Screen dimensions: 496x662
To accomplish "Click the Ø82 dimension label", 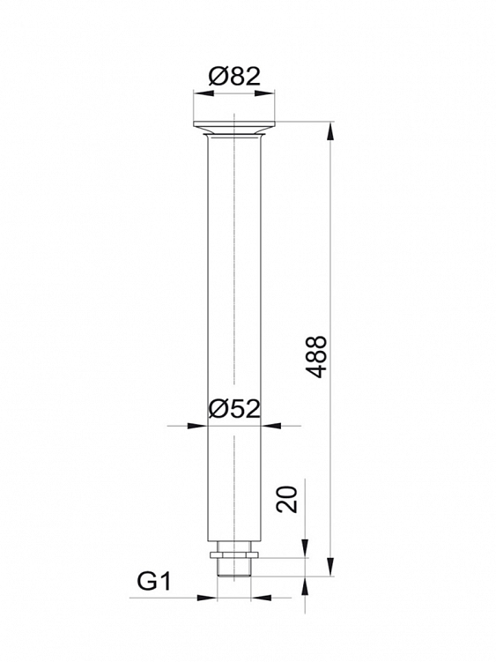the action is [x=234, y=77].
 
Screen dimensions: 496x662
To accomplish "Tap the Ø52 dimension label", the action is [x=234, y=409].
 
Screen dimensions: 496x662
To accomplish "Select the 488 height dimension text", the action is [x=316, y=357].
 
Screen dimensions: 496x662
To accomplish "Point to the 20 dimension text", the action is [x=287, y=500].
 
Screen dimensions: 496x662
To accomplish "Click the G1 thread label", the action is [x=153, y=582].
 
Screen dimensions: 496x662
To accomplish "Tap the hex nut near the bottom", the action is [x=233, y=554].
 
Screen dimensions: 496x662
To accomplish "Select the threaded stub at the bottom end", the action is [x=233, y=568].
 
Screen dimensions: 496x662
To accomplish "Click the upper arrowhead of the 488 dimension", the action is [x=330, y=130].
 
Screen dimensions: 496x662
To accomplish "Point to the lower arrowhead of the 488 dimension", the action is [x=330, y=568].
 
